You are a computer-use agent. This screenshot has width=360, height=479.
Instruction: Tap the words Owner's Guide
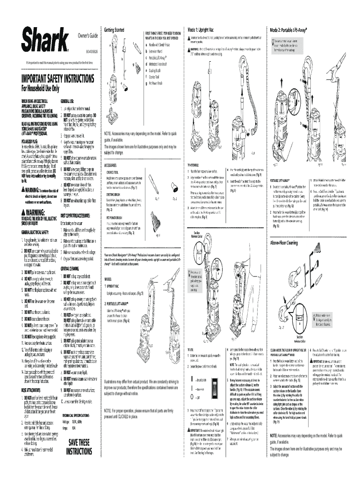[88, 36]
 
